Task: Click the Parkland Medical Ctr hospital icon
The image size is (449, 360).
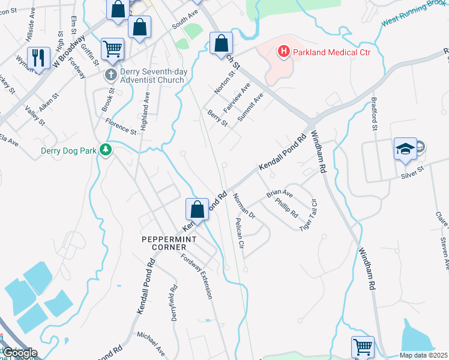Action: pyautogui.click(x=283, y=53)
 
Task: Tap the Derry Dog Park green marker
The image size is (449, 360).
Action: pyautogui.click(x=106, y=149)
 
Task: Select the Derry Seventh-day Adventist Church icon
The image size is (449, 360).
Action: pyautogui.click(x=110, y=75)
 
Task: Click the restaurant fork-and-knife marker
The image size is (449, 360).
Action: pyautogui.click(x=38, y=58)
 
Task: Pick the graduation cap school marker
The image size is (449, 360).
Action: pyautogui.click(x=405, y=148)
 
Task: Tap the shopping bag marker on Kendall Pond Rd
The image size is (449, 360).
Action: pyautogui.click(x=197, y=209)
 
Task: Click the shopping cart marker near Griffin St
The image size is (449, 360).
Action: pyautogui.click(x=112, y=50)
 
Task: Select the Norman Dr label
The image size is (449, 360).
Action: pyautogui.click(x=244, y=206)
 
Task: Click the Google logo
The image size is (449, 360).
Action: pyautogui.click(x=19, y=353)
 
